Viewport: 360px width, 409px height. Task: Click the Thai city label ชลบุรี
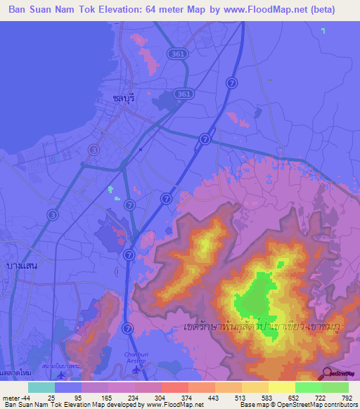[x=122, y=100]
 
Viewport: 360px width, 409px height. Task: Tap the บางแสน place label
[x=20, y=265]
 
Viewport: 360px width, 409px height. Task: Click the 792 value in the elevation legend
[x=347, y=398]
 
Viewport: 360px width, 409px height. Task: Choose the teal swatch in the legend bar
[x=41, y=387]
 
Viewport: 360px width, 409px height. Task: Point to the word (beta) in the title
[x=320, y=9]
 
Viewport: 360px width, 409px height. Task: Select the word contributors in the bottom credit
[x=341, y=405]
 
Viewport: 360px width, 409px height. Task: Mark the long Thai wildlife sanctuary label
[x=267, y=327]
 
